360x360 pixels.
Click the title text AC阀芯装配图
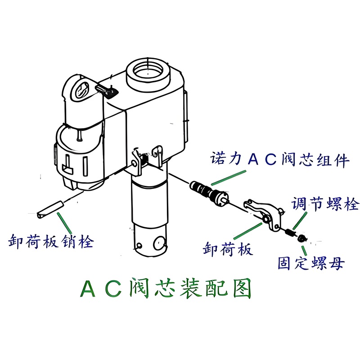165,288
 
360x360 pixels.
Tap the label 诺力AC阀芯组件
280,159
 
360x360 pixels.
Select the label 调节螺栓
325,204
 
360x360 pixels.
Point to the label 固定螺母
311,263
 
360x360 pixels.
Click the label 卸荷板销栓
51,241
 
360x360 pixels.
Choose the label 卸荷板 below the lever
228,249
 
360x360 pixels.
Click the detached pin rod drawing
50,210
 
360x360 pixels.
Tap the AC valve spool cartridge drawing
209,192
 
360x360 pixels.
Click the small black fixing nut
302,238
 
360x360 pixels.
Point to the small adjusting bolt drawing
290,232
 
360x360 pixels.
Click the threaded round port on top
148,74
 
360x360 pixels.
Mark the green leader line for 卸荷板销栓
64,223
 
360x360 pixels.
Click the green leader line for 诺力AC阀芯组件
229,178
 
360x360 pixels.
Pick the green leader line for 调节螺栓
300,220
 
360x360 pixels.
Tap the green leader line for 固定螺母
304,251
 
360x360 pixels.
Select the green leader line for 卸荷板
248,231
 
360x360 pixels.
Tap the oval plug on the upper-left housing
81,91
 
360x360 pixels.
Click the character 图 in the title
242,288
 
